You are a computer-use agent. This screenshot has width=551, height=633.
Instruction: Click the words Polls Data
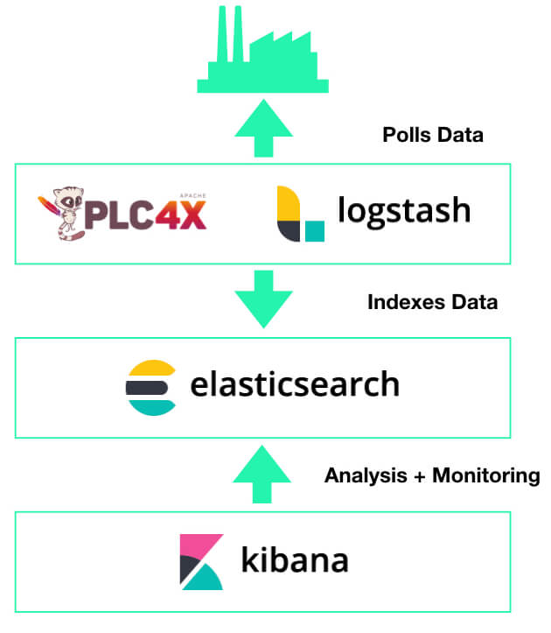(432, 136)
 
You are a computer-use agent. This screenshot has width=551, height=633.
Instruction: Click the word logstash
(405, 211)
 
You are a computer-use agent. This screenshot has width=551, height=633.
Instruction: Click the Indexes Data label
(433, 303)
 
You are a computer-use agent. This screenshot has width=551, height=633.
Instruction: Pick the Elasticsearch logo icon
(151, 385)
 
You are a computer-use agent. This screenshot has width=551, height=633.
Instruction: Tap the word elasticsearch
(295, 384)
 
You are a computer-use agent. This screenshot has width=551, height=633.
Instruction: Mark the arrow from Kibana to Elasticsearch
(262, 473)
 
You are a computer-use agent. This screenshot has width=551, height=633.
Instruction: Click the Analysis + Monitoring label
(432, 476)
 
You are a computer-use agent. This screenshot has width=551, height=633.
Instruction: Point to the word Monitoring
(486, 476)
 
